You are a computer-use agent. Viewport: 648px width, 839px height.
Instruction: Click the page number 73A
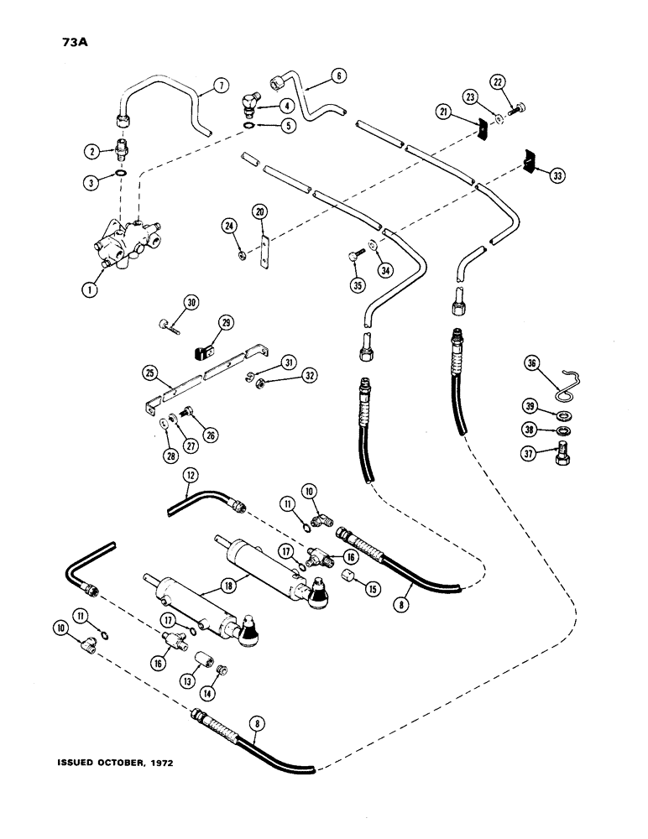[x=50, y=39]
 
